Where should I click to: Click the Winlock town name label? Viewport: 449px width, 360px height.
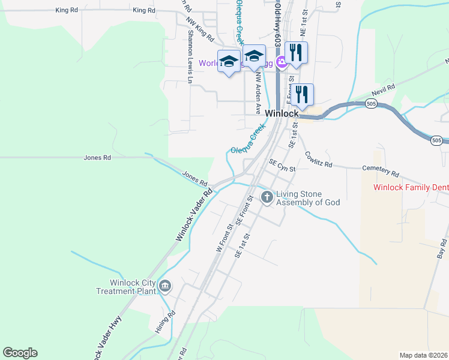point(282,113)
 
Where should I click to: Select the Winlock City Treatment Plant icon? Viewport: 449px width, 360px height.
point(165,287)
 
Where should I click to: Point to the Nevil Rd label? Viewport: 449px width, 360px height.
point(383,89)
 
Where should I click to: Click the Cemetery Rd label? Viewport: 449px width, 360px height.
point(381,172)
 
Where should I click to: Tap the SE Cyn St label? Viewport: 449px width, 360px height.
point(282,166)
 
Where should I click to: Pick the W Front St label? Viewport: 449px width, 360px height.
point(223,238)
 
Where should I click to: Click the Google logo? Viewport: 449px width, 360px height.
point(20,353)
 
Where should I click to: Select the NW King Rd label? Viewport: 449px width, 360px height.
point(199,29)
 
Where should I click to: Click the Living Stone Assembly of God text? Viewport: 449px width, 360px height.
point(307,198)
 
